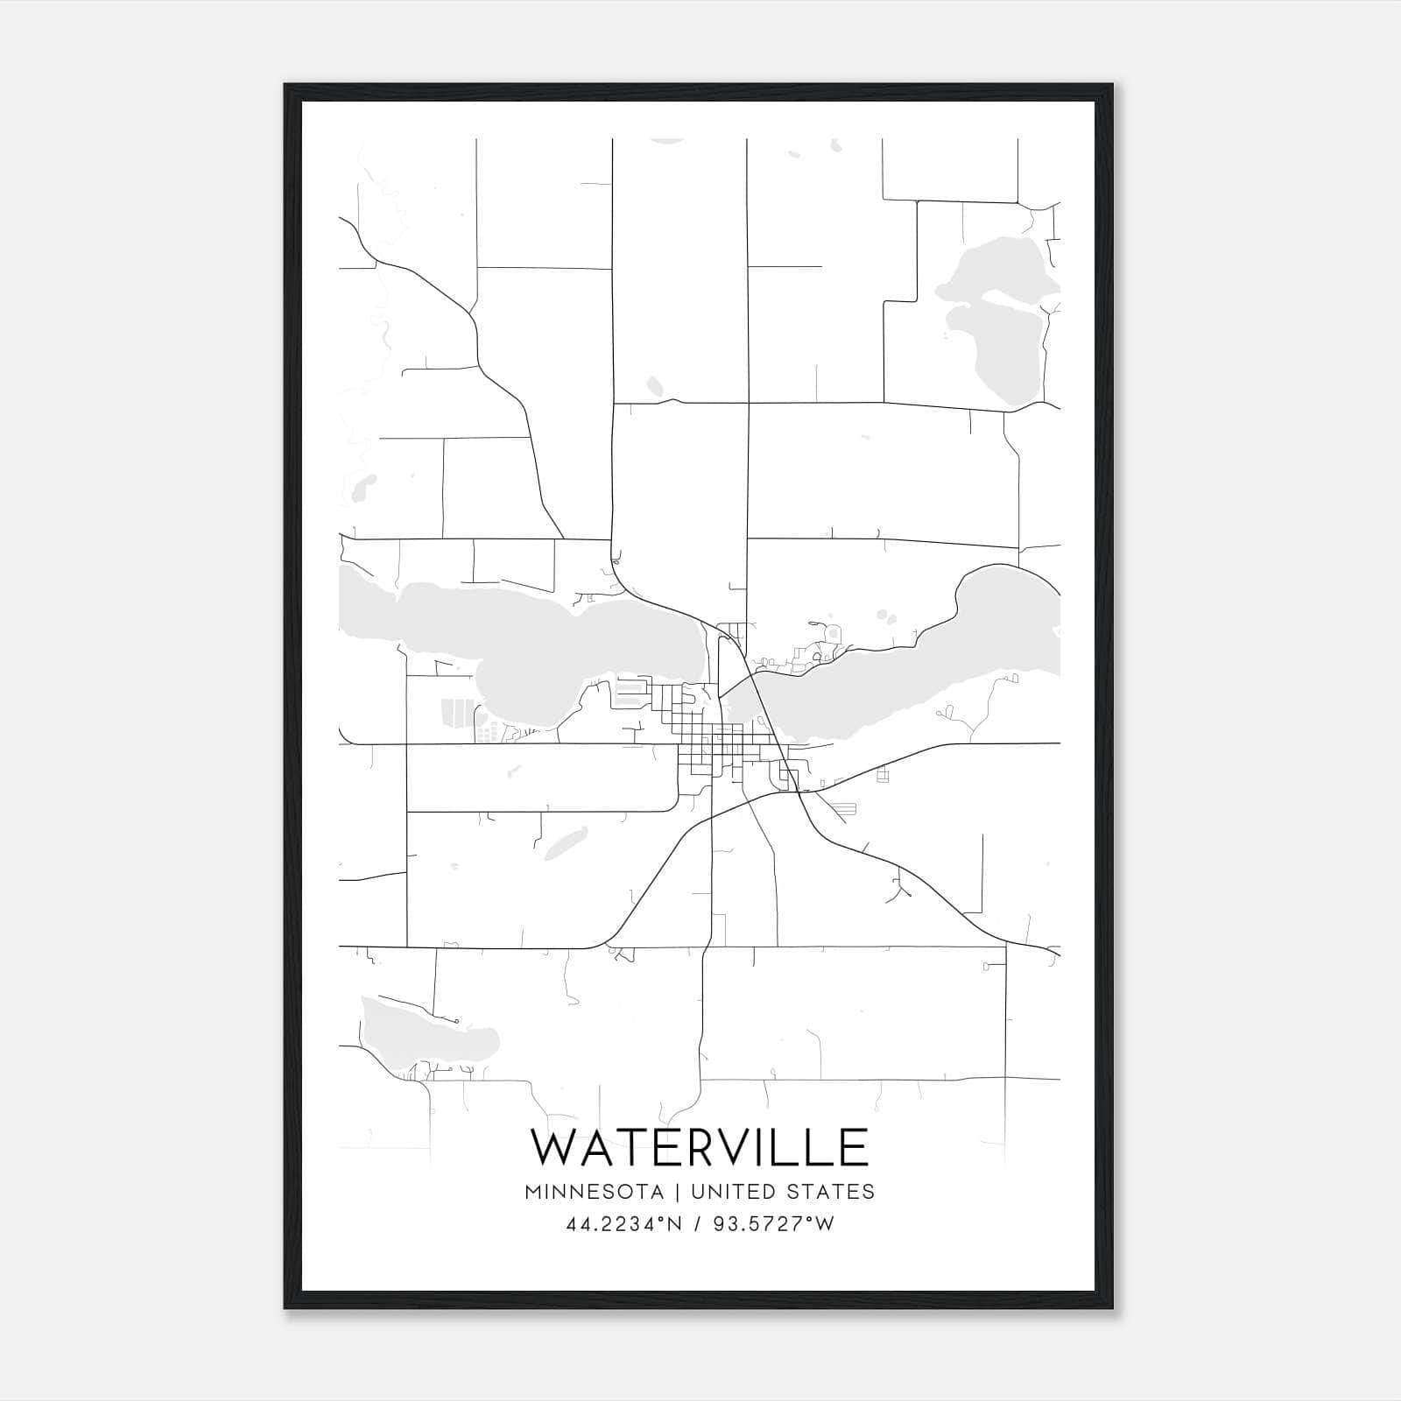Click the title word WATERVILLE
[700, 1148]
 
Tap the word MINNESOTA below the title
[594, 1192]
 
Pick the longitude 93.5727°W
[772, 1224]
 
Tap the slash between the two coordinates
[695, 1224]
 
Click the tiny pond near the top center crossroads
[655, 386]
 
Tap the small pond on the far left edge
[363, 487]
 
